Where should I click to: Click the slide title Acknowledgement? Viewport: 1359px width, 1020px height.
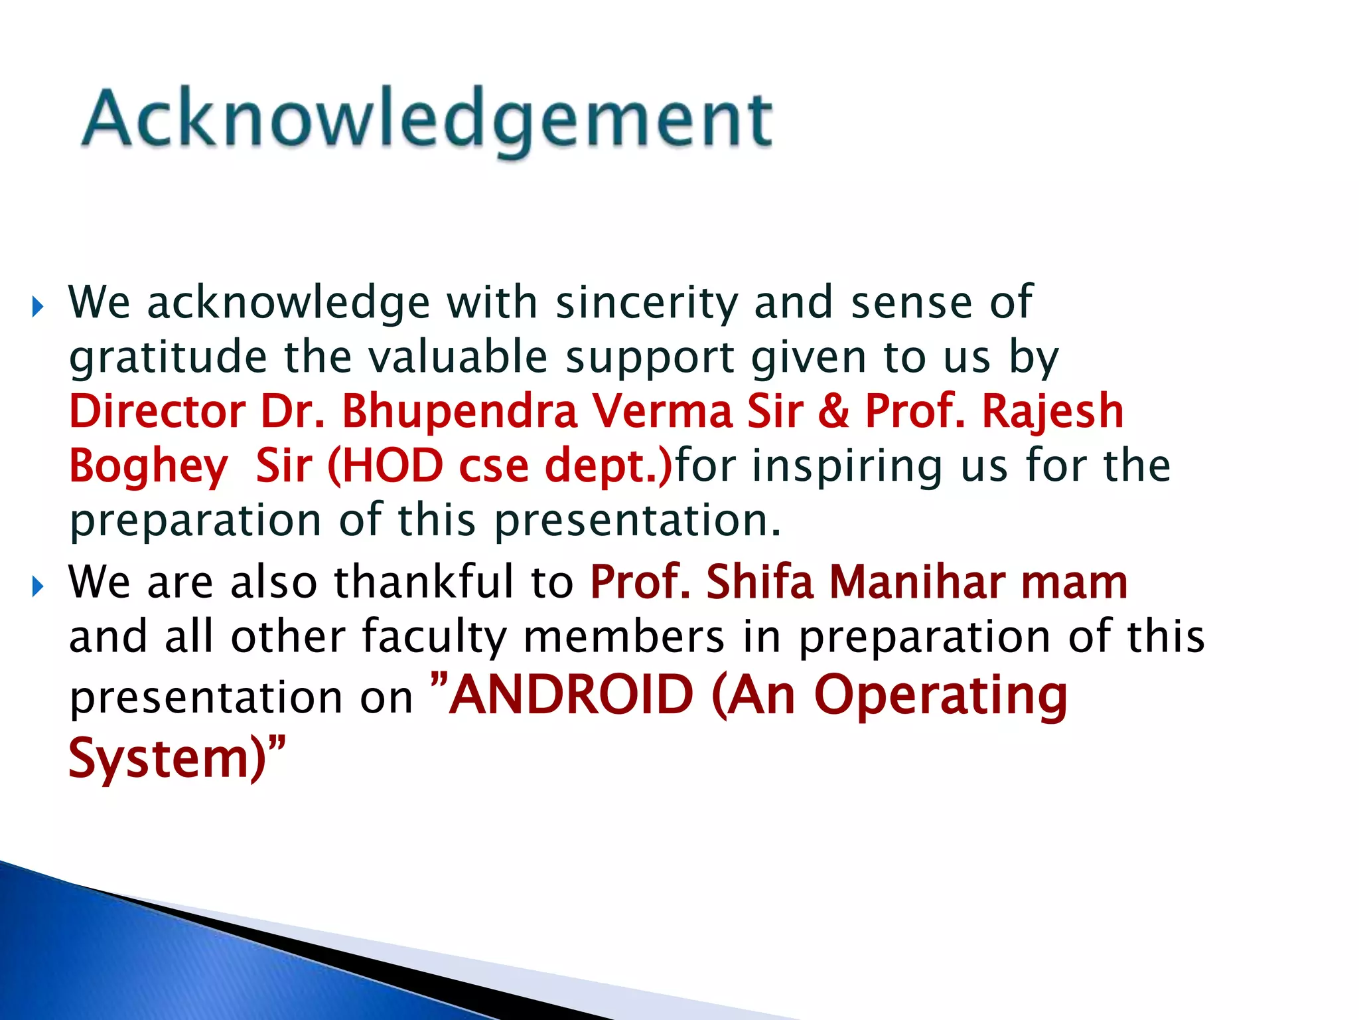click(x=427, y=120)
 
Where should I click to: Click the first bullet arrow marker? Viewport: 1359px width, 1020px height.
click(x=38, y=307)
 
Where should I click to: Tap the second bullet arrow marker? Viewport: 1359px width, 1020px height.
click(x=38, y=586)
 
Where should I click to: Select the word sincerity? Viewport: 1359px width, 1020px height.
click(x=646, y=303)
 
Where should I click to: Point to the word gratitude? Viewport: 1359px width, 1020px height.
click(x=168, y=359)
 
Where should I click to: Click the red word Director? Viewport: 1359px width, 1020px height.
click(x=157, y=411)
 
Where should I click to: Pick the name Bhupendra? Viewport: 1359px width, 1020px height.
click(x=459, y=412)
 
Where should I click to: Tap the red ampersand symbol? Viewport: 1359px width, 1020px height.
click(x=833, y=411)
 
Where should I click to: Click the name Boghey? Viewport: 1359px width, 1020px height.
click(x=148, y=467)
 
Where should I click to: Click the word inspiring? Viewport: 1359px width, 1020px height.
click(x=847, y=467)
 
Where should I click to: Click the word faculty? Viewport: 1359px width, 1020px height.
click(x=434, y=637)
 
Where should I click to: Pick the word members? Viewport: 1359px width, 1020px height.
click(x=624, y=637)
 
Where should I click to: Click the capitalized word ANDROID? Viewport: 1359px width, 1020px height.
click(x=571, y=695)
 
